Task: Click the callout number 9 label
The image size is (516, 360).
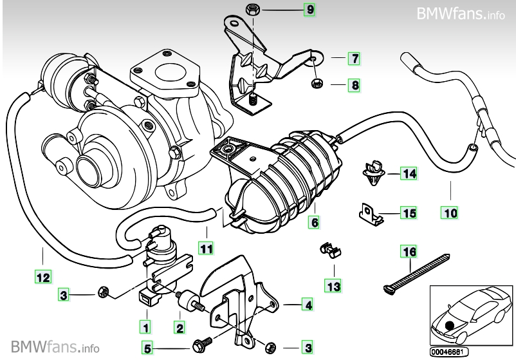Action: click(310, 10)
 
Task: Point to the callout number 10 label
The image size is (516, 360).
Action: click(448, 211)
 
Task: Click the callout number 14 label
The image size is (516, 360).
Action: click(409, 173)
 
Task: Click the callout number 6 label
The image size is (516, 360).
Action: click(314, 223)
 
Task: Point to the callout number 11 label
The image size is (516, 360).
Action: click(205, 247)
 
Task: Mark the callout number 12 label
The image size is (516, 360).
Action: click(42, 278)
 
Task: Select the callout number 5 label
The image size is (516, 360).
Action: click(147, 348)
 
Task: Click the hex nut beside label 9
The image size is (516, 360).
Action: click(252, 9)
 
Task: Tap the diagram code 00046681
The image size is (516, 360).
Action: click(446, 352)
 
